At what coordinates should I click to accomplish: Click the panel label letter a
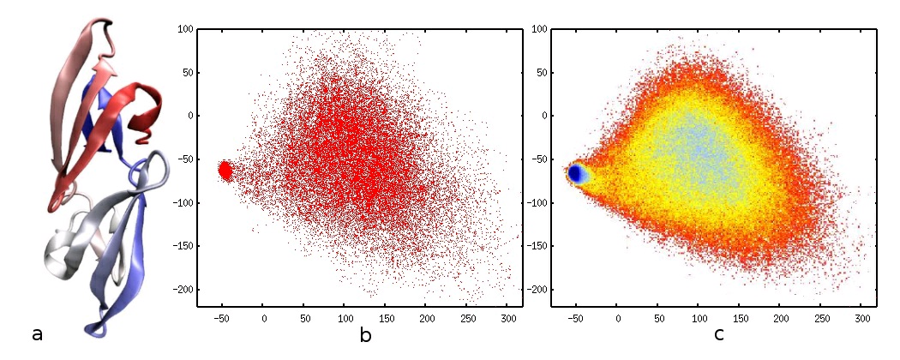point(37,334)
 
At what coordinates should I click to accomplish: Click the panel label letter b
point(365,335)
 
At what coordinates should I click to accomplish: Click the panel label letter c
point(718,335)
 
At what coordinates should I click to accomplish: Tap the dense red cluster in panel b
point(225,171)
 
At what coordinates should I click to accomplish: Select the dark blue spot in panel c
point(578,174)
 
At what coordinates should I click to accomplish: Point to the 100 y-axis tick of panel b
point(183,28)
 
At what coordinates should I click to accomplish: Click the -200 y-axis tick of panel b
point(179,291)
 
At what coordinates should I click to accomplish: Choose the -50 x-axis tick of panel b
point(222,319)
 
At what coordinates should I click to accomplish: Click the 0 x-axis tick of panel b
point(263,319)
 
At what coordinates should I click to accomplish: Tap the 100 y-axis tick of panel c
point(537,28)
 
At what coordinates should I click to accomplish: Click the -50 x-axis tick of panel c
point(577,319)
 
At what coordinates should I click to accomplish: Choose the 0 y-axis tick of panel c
point(542,116)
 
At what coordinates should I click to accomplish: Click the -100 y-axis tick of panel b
point(179,203)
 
